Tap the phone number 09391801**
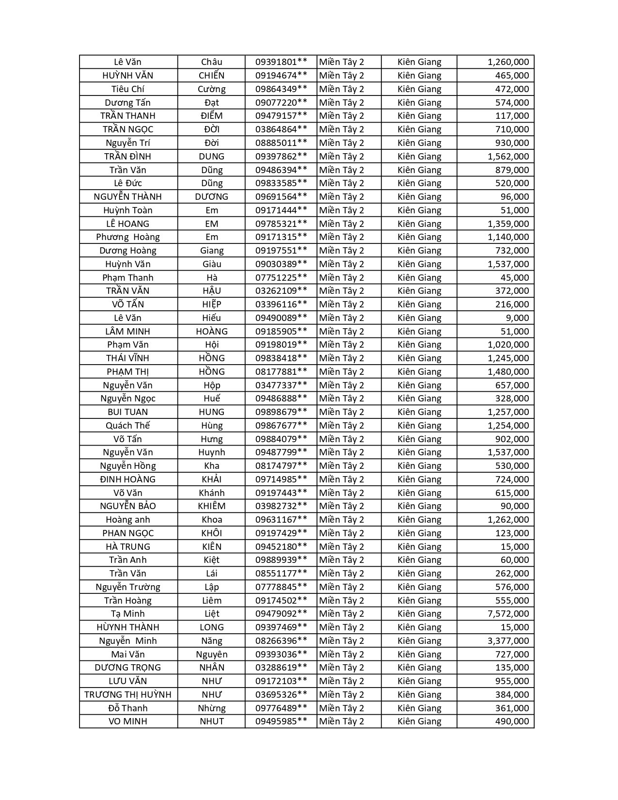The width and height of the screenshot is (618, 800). tap(281, 62)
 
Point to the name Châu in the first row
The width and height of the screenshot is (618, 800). tap(212, 62)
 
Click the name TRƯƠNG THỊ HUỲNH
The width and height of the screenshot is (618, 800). tap(128, 695)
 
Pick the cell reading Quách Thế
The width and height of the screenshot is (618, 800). tap(128, 426)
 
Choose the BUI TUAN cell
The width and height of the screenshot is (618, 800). tap(128, 412)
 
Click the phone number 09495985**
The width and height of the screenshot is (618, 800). tap(281, 721)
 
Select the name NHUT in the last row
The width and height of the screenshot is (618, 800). tap(212, 721)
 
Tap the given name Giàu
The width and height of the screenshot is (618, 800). tap(212, 264)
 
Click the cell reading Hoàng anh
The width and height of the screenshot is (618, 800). tap(128, 520)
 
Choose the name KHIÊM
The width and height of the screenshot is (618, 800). tap(212, 506)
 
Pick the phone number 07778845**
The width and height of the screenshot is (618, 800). tap(281, 587)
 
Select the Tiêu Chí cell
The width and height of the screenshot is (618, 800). tap(128, 89)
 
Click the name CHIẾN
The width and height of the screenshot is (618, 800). tap(212, 76)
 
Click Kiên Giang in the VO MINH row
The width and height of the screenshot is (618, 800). tap(419, 721)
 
